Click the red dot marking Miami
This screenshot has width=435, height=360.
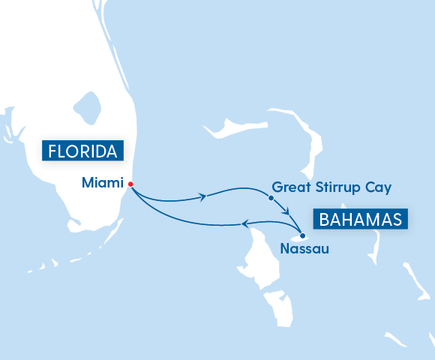130,184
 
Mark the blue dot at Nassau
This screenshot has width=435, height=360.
302,236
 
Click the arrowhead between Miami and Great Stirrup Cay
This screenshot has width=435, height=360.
203,197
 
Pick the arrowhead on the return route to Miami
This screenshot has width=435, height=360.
244,223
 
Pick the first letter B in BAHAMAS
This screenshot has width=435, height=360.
325,220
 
